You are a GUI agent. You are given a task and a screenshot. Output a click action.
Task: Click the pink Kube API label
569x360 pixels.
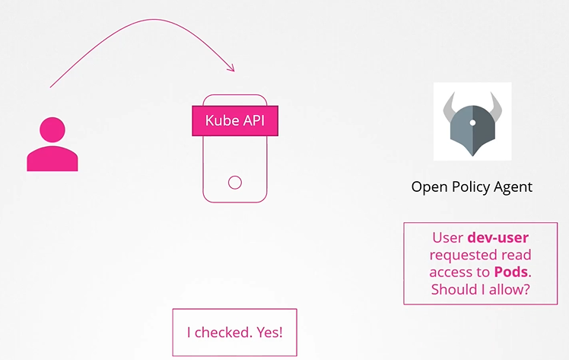pos(234,120)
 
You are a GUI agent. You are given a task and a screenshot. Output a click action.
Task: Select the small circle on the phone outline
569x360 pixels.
pos(235,182)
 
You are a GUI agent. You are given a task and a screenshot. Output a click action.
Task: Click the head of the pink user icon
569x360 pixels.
pos(52,129)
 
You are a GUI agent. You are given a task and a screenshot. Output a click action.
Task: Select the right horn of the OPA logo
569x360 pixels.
pos(500,105)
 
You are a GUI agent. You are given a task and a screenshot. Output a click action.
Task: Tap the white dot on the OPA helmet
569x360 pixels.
pos(472,122)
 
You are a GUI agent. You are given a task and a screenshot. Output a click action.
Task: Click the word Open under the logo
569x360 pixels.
pos(428,186)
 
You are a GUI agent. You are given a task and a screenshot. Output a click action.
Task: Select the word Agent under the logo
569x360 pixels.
pos(513,186)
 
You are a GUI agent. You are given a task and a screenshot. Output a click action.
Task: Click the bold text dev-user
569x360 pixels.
pos(497,237)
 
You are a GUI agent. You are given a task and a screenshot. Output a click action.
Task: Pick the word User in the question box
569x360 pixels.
pos(447,237)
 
